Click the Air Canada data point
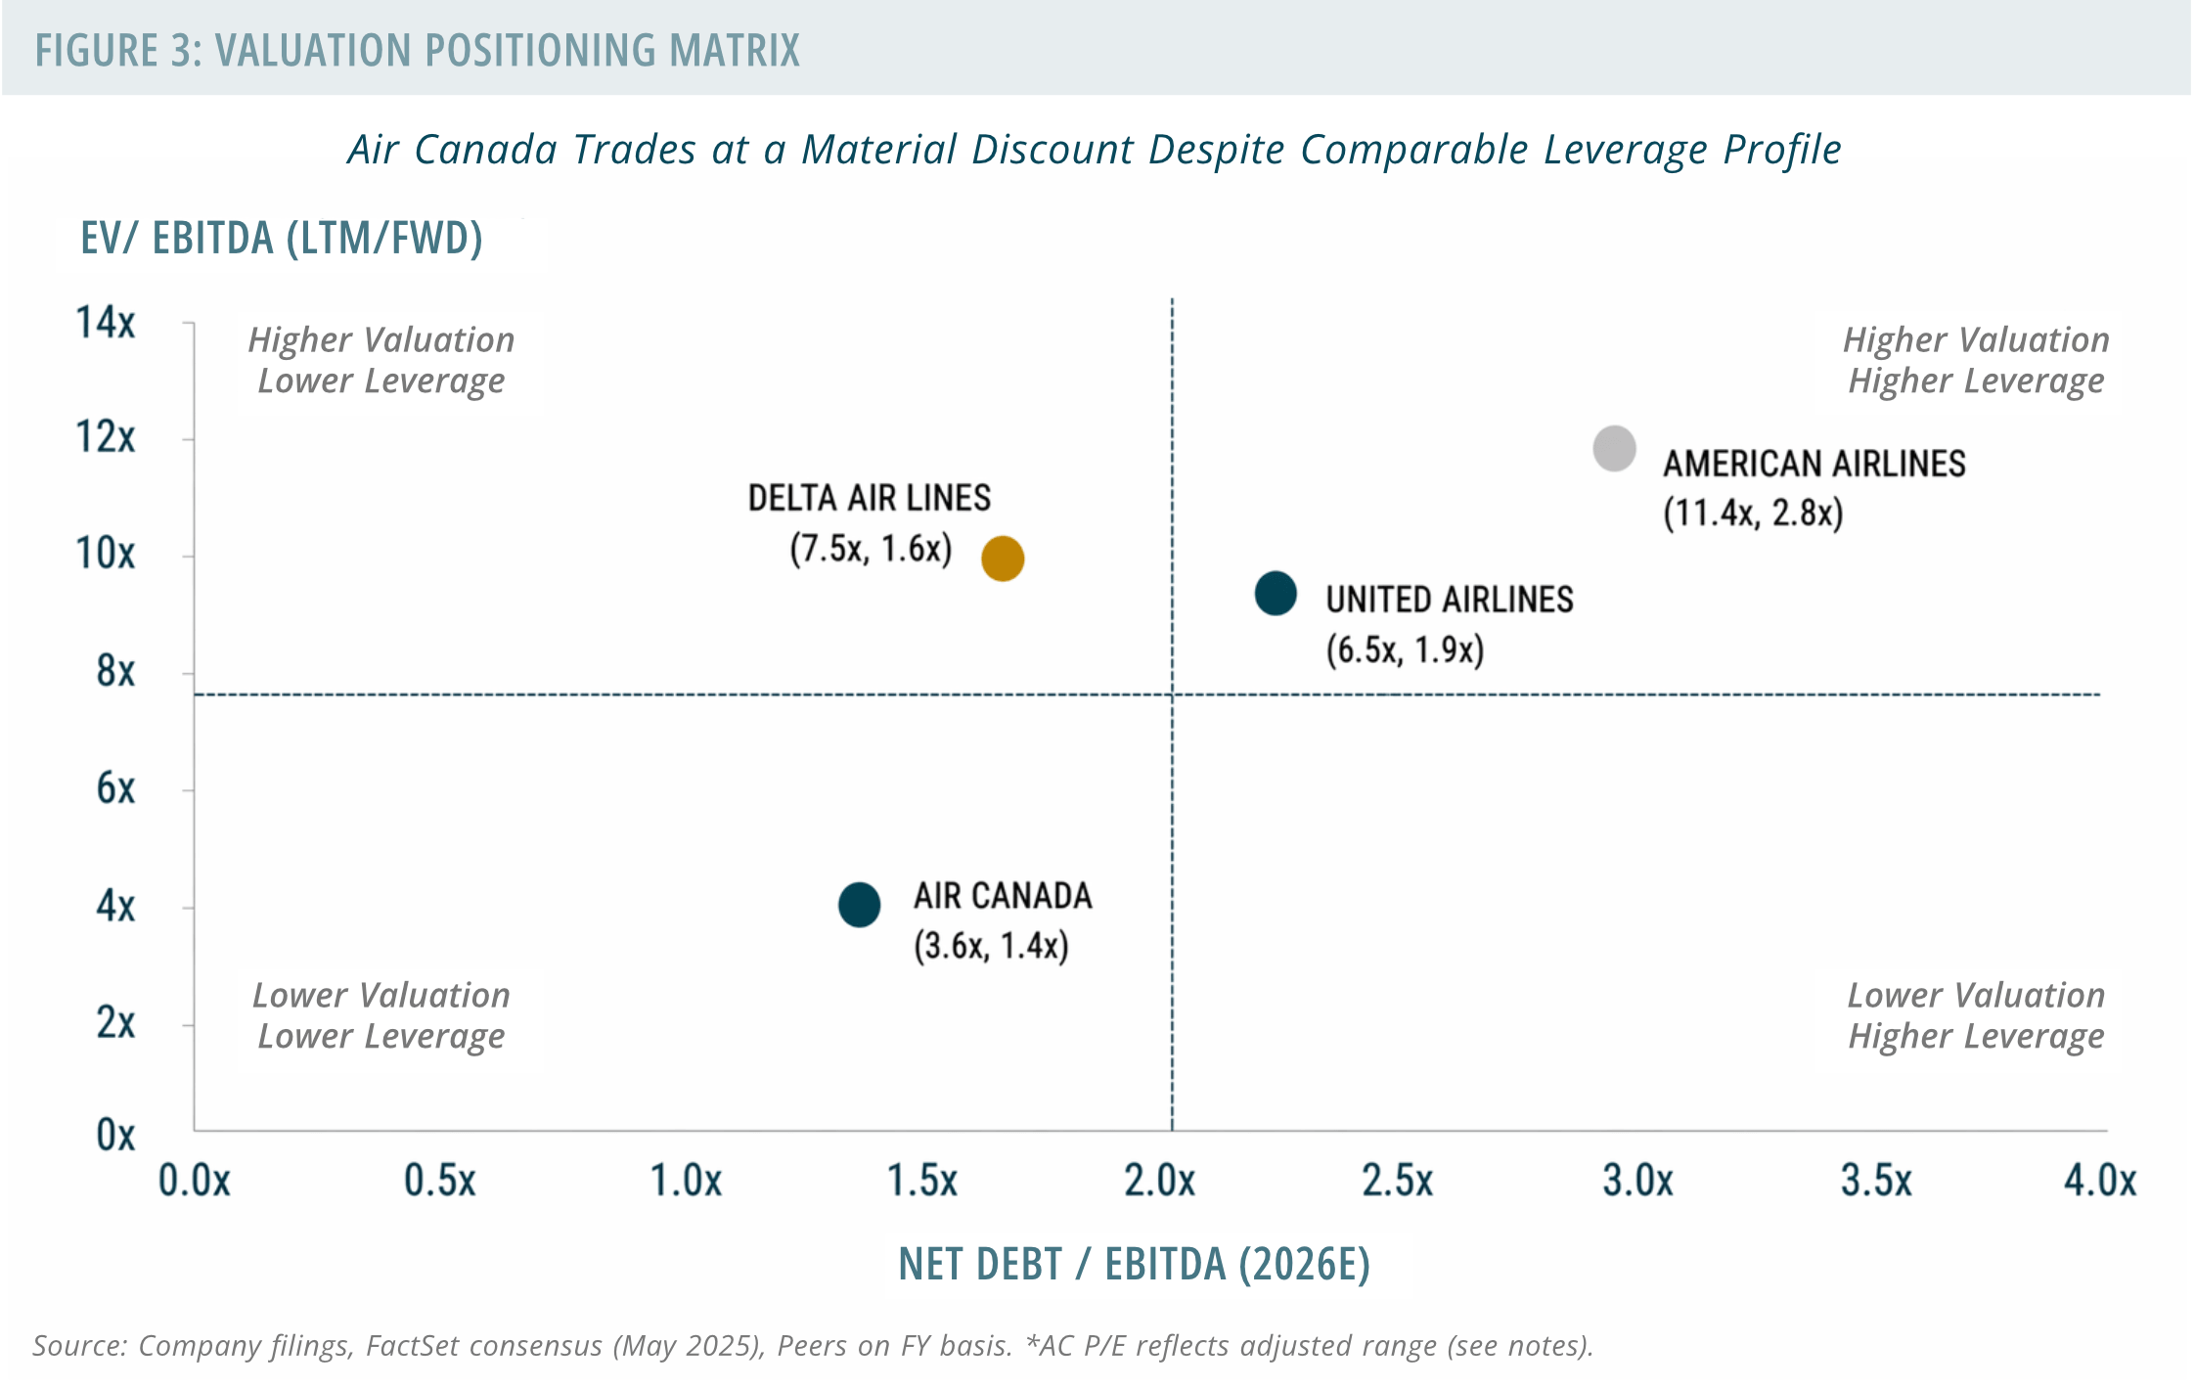[859, 905]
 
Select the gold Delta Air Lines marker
[1003, 559]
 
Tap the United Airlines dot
[1276, 594]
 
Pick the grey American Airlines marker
[1614, 449]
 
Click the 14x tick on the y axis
[106, 323]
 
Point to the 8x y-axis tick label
[115, 672]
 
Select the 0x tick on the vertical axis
[115, 1136]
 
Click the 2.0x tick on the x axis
[1160, 1181]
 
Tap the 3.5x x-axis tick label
[1876, 1181]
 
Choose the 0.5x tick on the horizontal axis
[440, 1181]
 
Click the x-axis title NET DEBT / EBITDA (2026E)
[1135, 1264]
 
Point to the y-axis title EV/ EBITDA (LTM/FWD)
[282, 238]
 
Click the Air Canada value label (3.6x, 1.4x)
[991, 946]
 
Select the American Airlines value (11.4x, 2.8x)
[1753, 513]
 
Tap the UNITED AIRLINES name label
[1450, 600]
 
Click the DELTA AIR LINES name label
[870, 498]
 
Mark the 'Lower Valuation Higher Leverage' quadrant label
[1976, 1015]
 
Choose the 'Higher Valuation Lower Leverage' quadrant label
[381, 360]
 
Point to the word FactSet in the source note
[412, 1346]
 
